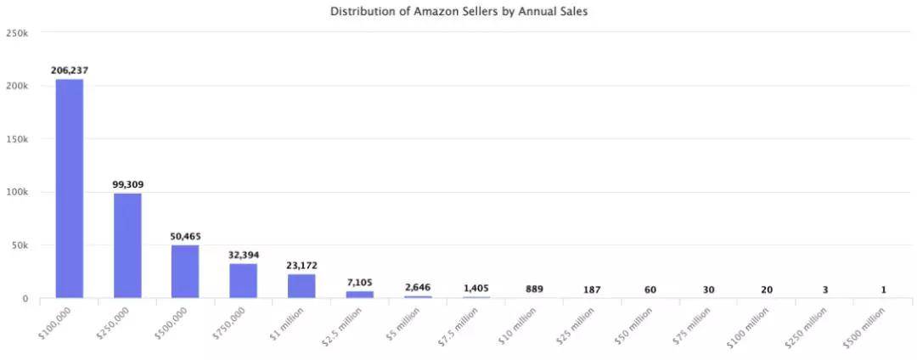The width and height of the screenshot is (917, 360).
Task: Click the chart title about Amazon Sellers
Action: [458, 12]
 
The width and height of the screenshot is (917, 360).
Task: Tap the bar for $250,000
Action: [127, 245]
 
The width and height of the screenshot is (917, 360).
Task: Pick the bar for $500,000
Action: [185, 272]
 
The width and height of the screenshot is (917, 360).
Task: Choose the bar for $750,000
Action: [243, 281]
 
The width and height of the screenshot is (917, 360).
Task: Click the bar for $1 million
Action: [301, 286]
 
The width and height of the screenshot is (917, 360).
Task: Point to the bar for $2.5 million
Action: [359, 295]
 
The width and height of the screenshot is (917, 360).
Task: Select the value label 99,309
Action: [127, 183]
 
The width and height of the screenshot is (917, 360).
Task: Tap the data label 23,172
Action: [301, 266]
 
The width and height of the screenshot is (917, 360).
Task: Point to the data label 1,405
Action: [475, 289]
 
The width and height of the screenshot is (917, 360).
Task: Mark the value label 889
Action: [534, 290]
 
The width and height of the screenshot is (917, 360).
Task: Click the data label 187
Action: [592, 290]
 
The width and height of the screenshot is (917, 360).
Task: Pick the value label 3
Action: [825, 290]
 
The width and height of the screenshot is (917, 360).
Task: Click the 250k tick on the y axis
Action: [17, 32]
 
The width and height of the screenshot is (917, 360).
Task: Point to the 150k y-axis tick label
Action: [17, 139]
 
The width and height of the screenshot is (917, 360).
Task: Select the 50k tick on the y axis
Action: [20, 245]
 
